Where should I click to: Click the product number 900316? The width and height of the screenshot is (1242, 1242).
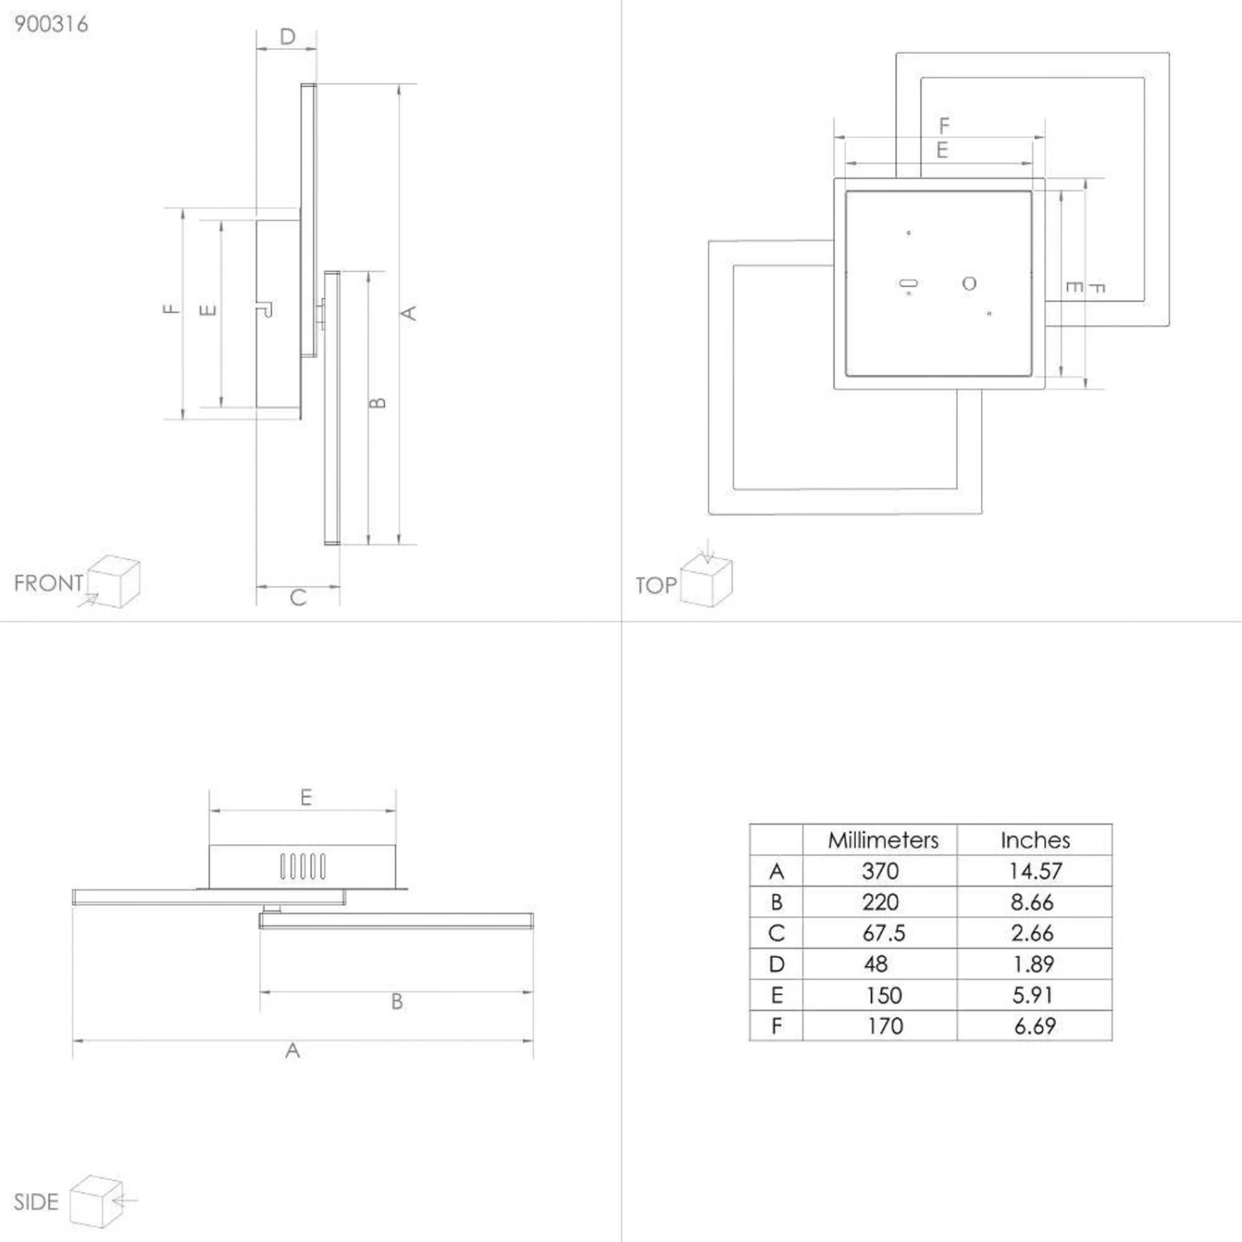click(51, 24)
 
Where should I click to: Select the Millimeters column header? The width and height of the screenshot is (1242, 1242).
click(883, 840)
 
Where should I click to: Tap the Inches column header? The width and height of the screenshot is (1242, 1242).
click(1035, 840)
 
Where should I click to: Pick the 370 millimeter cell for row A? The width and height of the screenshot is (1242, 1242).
click(879, 871)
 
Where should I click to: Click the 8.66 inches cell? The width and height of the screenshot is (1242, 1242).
click(1032, 903)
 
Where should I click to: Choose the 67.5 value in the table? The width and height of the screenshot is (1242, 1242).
click(883, 933)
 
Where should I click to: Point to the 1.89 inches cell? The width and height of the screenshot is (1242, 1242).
click(1033, 965)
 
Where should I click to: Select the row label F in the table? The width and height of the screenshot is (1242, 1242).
click(776, 1027)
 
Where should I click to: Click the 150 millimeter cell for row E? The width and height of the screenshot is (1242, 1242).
click(883, 995)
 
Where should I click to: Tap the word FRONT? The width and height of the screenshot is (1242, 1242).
click(49, 583)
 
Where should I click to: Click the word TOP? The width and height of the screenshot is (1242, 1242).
click(656, 585)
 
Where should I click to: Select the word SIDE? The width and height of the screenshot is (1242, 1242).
click(36, 1202)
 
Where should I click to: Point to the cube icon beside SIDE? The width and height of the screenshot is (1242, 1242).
click(97, 1201)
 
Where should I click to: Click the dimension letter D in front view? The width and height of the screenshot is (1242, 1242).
click(287, 37)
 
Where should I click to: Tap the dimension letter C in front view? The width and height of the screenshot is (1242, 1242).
click(298, 598)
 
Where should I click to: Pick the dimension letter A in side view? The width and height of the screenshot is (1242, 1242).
click(292, 1051)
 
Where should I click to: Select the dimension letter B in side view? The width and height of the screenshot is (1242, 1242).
click(397, 1002)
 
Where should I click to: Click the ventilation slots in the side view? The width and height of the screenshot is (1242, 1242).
click(302, 866)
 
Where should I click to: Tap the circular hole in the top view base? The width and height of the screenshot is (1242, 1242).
click(969, 284)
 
